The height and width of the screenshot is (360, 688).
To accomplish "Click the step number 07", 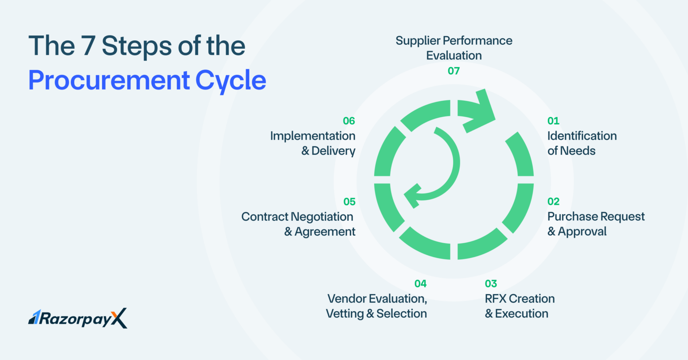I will [x=454, y=71].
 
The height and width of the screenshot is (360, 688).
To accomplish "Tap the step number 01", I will [x=553, y=121].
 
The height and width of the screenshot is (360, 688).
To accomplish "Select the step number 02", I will [x=554, y=201].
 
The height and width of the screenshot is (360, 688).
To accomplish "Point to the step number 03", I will [x=491, y=283].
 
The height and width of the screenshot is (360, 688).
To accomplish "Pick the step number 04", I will [x=421, y=283].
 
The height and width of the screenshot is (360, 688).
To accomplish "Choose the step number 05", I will [x=349, y=201].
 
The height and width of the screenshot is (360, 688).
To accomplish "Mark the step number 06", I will [x=349, y=121].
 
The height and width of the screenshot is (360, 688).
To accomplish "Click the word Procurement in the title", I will [x=109, y=81].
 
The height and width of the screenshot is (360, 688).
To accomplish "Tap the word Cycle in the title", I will [x=231, y=81].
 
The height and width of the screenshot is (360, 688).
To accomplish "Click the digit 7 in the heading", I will [x=88, y=46].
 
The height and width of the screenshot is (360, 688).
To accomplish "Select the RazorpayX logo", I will [x=77, y=318].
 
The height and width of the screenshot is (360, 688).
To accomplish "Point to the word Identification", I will [x=582, y=136].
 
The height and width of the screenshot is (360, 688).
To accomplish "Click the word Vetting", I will [x=344, y=313].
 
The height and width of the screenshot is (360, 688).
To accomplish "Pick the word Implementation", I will [x=313, y=136].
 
